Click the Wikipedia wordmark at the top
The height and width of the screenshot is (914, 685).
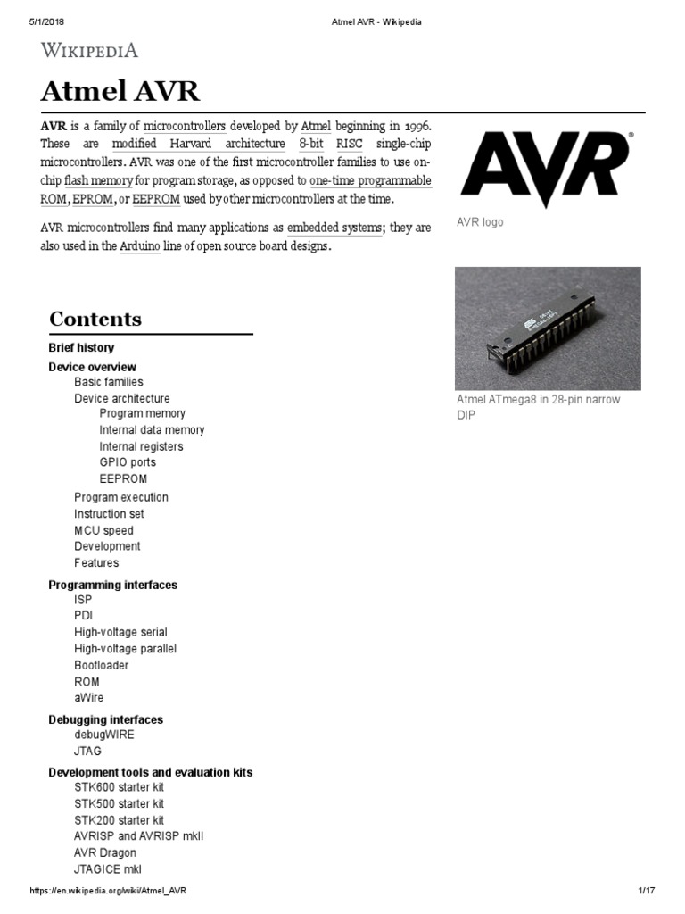(x=89, y=50)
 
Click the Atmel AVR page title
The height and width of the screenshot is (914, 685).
(x=120, y=91)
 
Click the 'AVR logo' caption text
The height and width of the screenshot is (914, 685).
(x=480, y=222)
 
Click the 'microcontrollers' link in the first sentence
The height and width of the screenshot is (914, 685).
(x=185, y=125)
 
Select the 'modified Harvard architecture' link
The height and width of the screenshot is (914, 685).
(x=198, y=144)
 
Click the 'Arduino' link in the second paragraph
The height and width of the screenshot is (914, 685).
(x=140, y=246)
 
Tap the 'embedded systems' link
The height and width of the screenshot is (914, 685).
(x=334, y=228)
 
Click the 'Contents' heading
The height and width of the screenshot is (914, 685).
(x=95, y=319)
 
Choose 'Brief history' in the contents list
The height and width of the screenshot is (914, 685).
(x=81, y=347)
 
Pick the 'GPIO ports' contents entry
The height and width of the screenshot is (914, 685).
(x=128, y=462)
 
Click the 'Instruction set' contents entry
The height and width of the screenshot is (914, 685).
(x=109, y=514)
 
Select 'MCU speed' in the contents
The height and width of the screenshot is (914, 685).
(x=103, y=530)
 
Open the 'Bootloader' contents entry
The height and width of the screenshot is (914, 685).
(x=101, y=665)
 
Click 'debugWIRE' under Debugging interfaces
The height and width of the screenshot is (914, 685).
(x=104, y=735)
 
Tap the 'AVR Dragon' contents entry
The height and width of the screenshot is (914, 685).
(x=105, y=852)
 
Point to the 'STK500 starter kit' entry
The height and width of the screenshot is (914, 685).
(x=119, y=803)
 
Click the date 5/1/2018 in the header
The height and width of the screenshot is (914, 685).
(x=37, y=22)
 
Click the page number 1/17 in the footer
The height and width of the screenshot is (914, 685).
(x=647, y=891)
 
